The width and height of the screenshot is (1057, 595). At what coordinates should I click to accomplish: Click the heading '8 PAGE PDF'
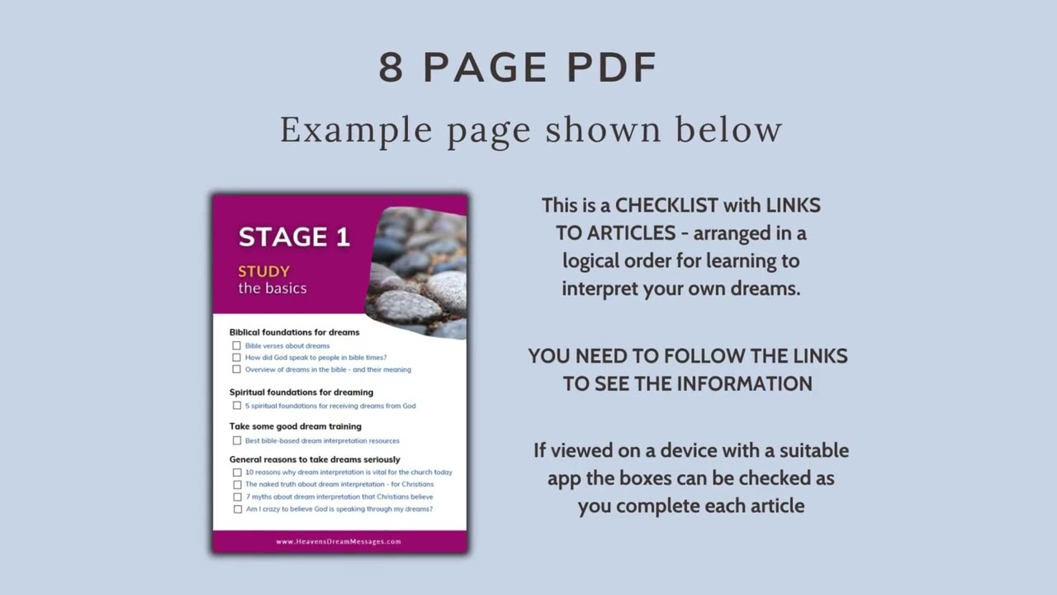pyautogui.click(x=518, y=68)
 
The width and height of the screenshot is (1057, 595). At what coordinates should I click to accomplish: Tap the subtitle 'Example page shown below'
pyautogui.click(x=530, y=130)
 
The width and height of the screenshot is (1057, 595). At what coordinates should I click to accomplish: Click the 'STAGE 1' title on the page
pyautogui.click(x=294, y=237)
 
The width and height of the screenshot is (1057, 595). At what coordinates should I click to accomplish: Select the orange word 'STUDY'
pyautogui.click(x=263, y=271)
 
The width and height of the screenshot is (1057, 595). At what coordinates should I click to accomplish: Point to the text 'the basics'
pyautogui.click(x=273, y=288)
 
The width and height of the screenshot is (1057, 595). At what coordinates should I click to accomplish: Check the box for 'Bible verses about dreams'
pyautogui.click(x=236, y=345)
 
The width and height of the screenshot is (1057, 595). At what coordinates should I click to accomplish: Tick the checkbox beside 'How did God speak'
pyautogui.click(x=236, y=358)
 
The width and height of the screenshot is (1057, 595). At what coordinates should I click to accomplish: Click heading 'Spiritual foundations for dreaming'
pyautogui.click(x=301, y=393)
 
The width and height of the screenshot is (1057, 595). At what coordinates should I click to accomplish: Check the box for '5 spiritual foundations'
pyautogui.click(x=236, y=406)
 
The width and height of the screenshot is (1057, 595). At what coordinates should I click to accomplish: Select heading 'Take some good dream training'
pyautogui.click(x=295, y=426)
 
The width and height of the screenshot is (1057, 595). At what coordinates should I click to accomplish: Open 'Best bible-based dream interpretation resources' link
pyautogui.click(x=322, y=440)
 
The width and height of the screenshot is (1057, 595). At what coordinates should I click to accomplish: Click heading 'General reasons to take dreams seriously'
pyautogui.click(x=315, y=459)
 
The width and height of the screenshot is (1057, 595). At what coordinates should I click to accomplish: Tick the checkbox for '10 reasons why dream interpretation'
pyautogui.click(x=237, y=472)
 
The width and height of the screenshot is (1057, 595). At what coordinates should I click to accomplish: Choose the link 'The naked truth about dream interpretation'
pyautogui.click(x=339, y=484)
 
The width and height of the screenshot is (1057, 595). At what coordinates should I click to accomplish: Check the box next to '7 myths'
pyautogui.click(x=237, y=497)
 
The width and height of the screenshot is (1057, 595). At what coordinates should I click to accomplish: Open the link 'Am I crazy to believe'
pyautogui.click(x=339, y=509)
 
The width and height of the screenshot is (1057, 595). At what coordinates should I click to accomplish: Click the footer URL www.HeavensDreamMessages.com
pyautogui.click(x=339, y=541)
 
